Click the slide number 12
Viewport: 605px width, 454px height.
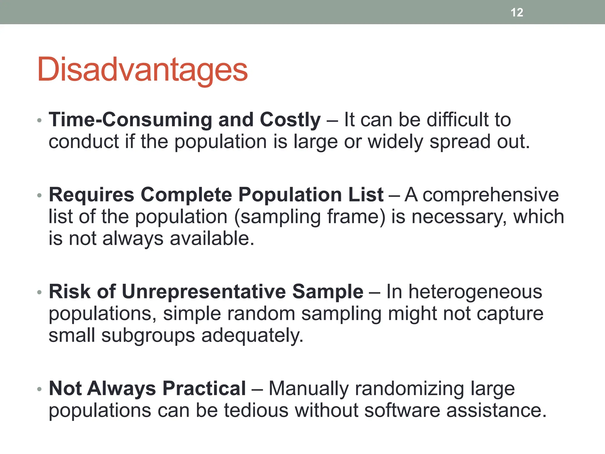(x=517, y=12)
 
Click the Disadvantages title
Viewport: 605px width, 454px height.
(x=142, y=70)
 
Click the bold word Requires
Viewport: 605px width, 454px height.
(x=92, y=195)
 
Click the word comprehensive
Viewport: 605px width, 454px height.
(x=491, y=195)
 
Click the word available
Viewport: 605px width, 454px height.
(x=212, y=239)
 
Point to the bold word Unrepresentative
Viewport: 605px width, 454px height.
(x=204, y=292)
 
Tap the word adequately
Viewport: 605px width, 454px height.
(x=252, y=335)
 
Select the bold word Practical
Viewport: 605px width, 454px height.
(x=204, y=388)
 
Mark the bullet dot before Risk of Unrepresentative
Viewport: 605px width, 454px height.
(x=40, y=292)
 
